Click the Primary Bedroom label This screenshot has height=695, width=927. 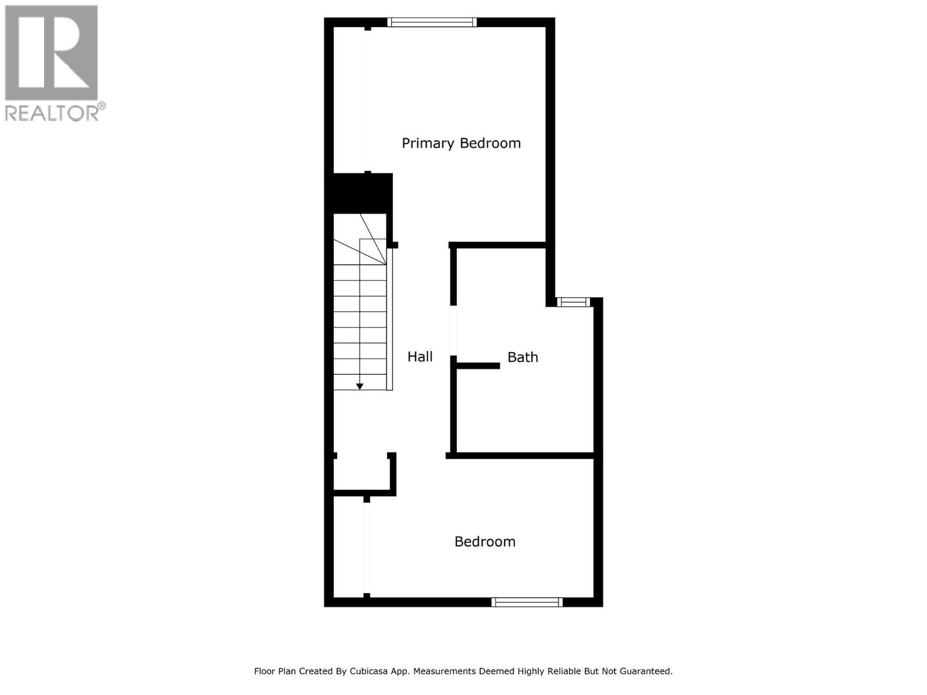461,143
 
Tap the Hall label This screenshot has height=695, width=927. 420,357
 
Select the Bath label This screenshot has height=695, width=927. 523,357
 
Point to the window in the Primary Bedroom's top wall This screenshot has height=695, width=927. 432,23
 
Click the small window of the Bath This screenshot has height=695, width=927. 574,302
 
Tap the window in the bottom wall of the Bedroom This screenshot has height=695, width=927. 527,602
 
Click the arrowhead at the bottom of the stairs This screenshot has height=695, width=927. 360,386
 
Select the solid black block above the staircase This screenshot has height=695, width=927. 360,193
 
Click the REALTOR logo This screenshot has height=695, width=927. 52,53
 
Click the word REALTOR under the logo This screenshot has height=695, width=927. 52,112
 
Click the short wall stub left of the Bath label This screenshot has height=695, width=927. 478,366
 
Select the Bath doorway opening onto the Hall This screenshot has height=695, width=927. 453,330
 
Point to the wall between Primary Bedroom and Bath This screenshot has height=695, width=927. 498,245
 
